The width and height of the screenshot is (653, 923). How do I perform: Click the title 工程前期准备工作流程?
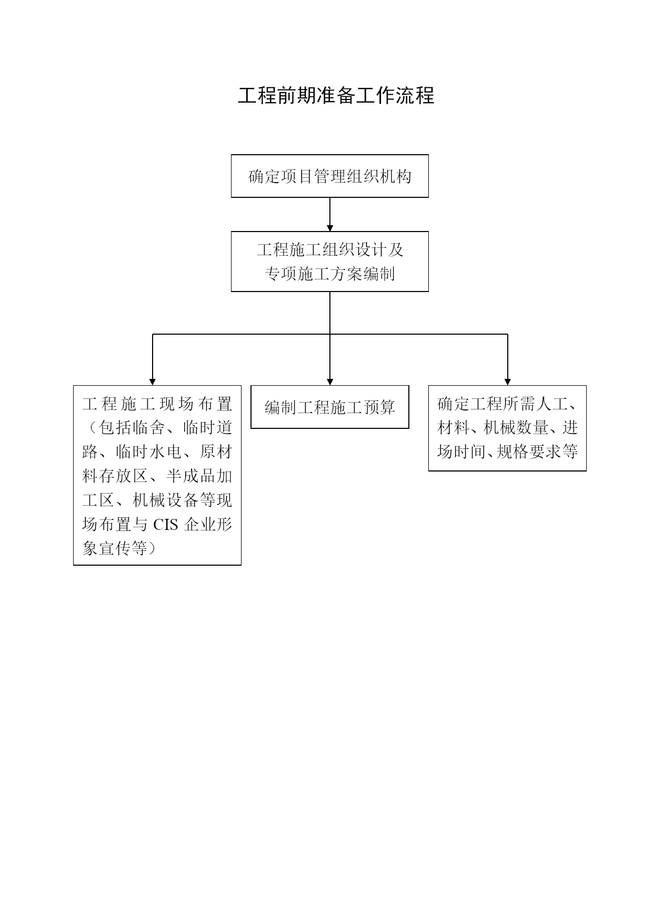point(336,96)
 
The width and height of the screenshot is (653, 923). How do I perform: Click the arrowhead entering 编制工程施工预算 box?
point(330,382)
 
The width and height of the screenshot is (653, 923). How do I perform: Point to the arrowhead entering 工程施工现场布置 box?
point(153,382)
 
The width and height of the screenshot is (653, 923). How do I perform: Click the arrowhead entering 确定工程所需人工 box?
point(508,382)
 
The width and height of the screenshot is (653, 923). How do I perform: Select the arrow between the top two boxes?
point(330,214)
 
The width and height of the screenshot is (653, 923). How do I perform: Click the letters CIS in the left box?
point(166,525)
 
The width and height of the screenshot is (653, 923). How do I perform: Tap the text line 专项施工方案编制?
point(330,274)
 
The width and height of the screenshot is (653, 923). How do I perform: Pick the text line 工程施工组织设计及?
point(330,249)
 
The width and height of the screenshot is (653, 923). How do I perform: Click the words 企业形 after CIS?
point(208,525)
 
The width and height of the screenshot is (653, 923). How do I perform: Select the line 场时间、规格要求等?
point(508,452)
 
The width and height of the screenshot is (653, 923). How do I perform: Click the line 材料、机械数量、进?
point(508,428)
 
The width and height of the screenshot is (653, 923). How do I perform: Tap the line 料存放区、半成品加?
point(157,476)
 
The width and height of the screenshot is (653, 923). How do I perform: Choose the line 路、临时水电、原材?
point(157,452)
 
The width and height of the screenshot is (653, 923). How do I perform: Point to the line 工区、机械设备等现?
point(157,500)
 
